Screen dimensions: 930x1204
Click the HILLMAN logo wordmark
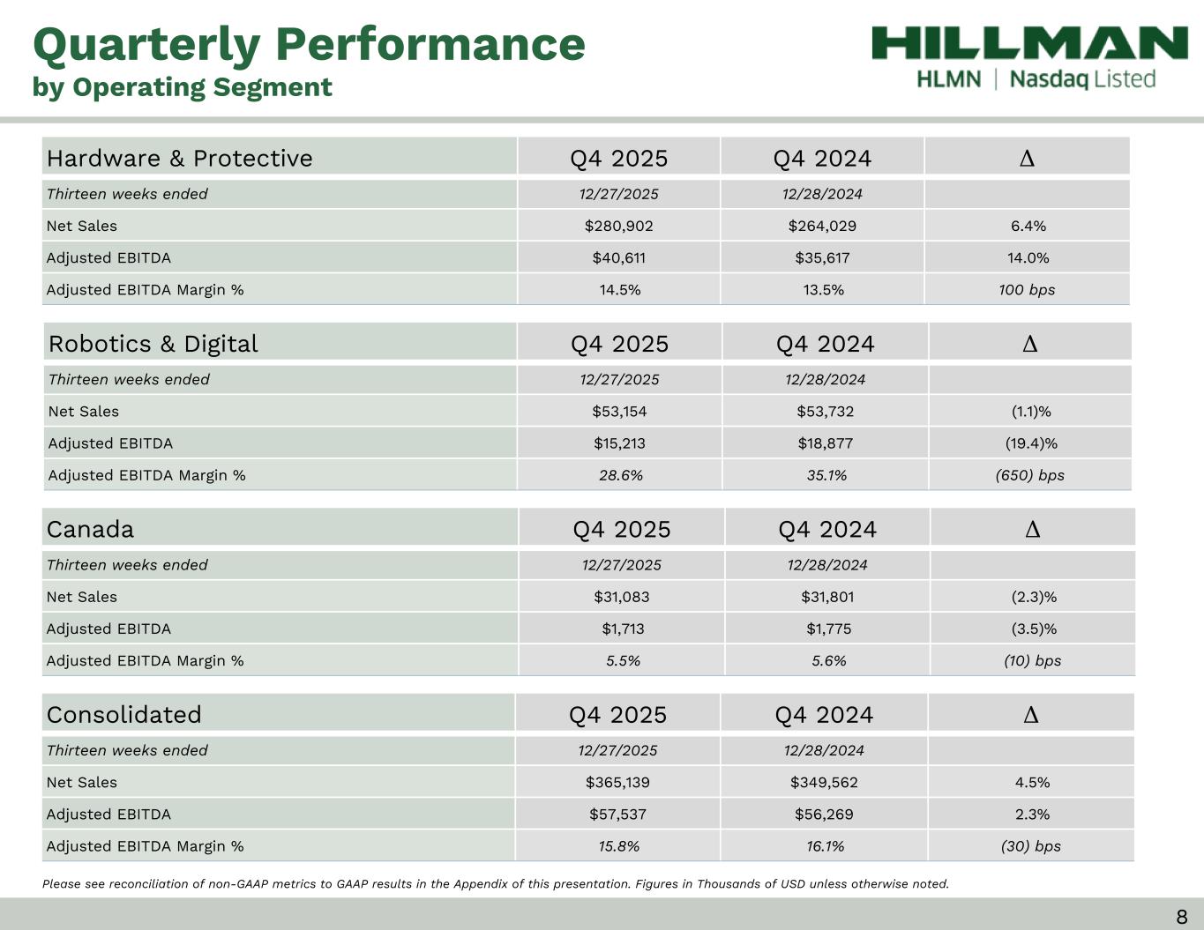[1029, 43]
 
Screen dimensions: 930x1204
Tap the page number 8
[1181, 917]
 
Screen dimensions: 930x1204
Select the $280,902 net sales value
[618, 226]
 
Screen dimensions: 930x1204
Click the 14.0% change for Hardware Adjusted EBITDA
[1028, 257]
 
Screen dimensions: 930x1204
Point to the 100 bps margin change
[1027, 289]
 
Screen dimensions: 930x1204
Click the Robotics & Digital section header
[153, 343]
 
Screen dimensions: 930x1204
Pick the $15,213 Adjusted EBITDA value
[619, 443]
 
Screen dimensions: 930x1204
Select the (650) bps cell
[1029, 475]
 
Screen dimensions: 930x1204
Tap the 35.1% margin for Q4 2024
[826, 475]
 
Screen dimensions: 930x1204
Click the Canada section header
[90, 529]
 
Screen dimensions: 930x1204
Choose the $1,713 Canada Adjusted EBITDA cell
[623, 629]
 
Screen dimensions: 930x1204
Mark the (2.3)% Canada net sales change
[1033, 597]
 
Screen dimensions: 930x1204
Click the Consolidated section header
[123, 714]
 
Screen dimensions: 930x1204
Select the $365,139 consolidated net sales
[617, 782]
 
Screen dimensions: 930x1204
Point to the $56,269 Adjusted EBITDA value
[824, 814]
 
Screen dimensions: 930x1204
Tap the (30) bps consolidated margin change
[1030, 846]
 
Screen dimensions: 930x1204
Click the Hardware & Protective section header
[179, 158]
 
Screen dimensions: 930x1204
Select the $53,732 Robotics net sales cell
[825, 411]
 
